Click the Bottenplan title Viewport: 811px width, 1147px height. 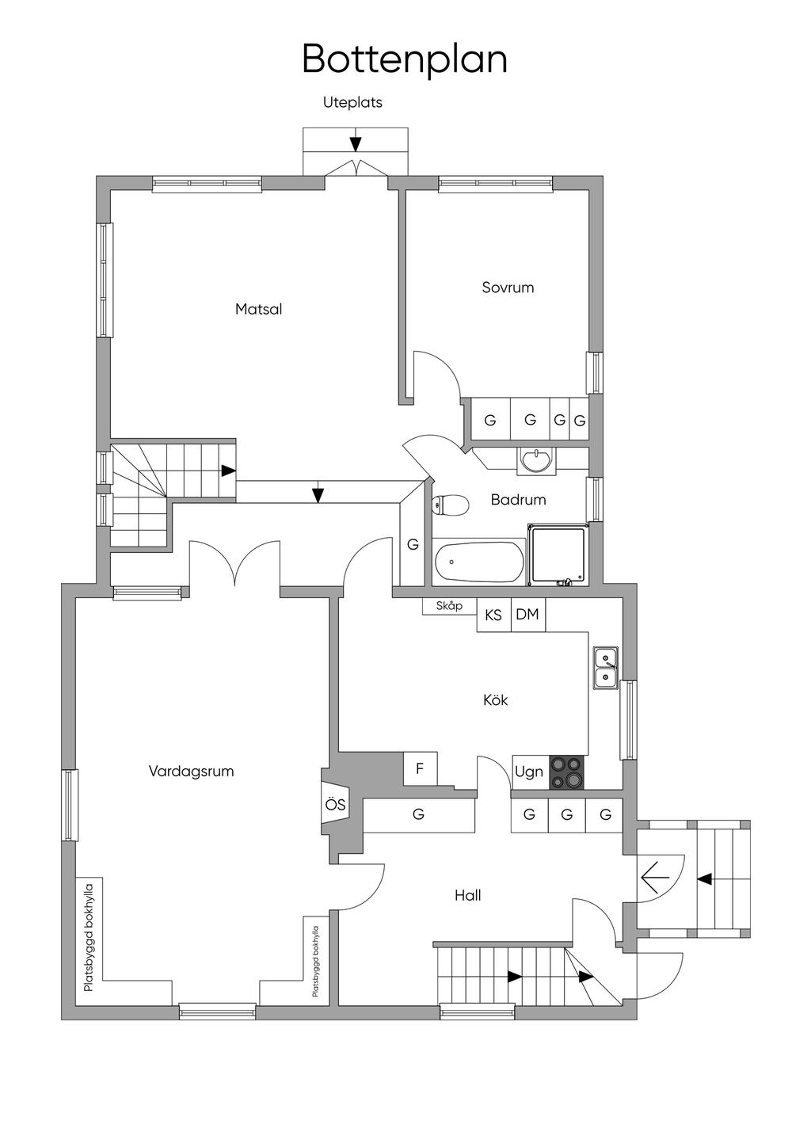(x=405, y=59)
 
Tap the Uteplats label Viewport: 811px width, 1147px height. (x=352, y=102)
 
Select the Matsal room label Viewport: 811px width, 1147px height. (x=258, y=309)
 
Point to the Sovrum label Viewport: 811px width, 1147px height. (x=508, y=288)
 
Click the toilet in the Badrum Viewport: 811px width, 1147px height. (x=450, y=505)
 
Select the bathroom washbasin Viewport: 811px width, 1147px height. (x=536, y=459)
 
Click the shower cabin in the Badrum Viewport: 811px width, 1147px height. (x=558, y=554)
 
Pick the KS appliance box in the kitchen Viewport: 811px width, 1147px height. (x=493, y=615)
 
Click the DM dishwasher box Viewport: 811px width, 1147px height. (x=528, y=615)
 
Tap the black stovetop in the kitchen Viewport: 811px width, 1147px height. (x=567, y=772)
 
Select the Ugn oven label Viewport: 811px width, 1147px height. (x=529, y=772)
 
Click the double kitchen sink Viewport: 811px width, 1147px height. (x=606, y=669)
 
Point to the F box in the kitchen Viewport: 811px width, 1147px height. (x=421, y=768)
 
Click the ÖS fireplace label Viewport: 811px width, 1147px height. (x=335, y=805)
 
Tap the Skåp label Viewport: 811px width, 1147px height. (x=449, y=606)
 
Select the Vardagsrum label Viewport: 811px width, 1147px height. (x=192, y=772)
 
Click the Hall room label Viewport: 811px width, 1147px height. (x=468, y=895)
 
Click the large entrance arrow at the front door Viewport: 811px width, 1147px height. (x=655, y=877)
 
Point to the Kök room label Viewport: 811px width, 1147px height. (x=496, y=700)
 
